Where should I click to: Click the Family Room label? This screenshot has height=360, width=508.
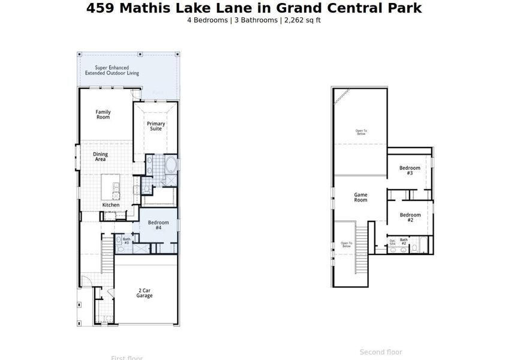pos(103,114)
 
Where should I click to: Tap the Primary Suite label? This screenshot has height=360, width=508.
pos(156,126)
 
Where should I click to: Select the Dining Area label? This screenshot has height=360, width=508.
pos(100,157)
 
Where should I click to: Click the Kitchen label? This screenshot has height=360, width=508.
pos(110,205)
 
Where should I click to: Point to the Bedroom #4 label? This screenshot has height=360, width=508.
pos(158,225)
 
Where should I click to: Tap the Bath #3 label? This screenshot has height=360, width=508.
pos(127,241)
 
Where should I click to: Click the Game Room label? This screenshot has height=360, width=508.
pos(360,197)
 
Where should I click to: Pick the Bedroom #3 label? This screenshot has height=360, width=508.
pos(410,170)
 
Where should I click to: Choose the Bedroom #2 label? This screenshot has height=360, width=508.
pos(410,217)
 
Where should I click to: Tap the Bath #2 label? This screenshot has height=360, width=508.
pos(404,242)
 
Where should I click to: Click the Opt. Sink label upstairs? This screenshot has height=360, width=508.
pos(392,242)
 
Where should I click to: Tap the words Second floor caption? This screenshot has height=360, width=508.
pos(381,352)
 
